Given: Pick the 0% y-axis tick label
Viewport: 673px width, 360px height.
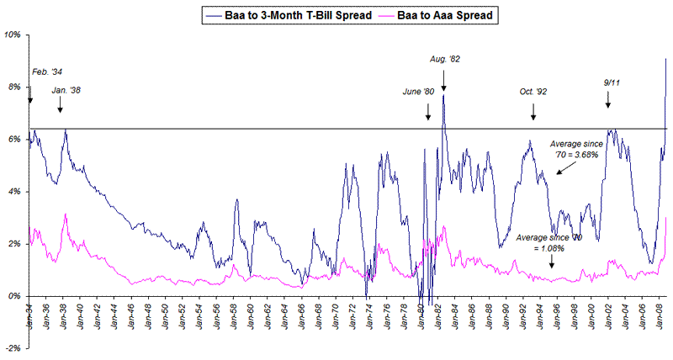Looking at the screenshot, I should (14, 295).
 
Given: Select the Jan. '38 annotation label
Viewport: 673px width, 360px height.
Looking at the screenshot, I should (66, 89).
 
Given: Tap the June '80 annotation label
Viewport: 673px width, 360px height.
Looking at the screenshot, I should (419, 91).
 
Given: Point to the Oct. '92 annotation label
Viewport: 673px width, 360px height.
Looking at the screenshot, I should (533, 91).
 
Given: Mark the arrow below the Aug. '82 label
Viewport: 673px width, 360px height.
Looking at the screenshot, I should (443, 80).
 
